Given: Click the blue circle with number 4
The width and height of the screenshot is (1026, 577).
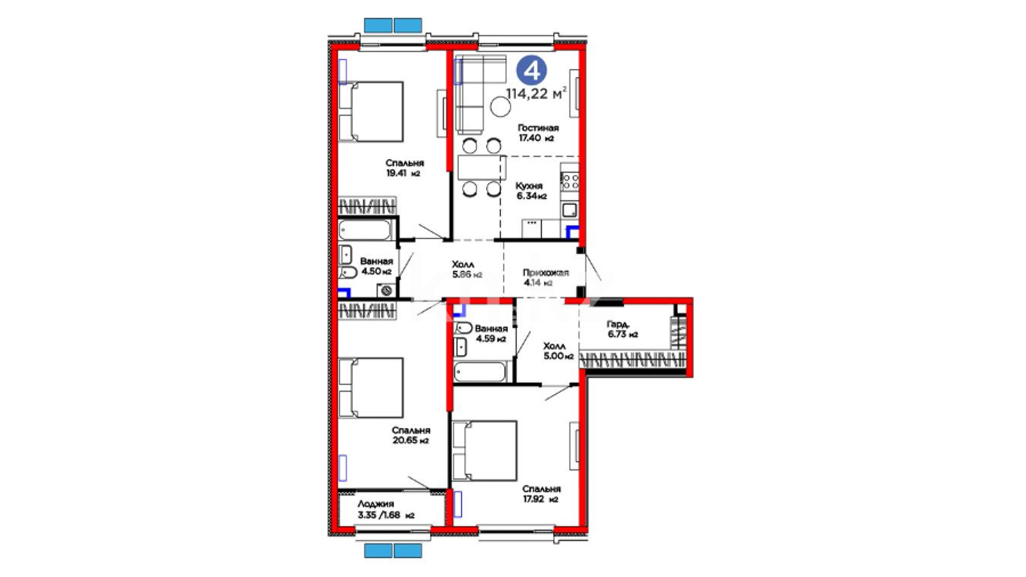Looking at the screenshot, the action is pos(532,72).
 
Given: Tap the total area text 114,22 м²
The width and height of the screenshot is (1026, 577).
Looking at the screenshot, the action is pos(536,94).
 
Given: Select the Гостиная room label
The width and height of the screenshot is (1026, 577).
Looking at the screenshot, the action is pos(538,128).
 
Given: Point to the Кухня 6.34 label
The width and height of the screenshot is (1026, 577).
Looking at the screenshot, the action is pos(531,191).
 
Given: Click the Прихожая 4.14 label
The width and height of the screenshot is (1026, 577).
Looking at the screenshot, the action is pos(545,278).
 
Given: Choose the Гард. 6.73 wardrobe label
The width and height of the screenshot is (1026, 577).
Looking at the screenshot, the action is pos(622,329).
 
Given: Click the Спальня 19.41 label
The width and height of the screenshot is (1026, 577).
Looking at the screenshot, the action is pos(405,168).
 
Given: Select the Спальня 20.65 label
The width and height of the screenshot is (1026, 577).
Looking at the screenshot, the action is pos(410,435).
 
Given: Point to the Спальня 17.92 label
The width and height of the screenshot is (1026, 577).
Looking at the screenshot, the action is pos(541,494).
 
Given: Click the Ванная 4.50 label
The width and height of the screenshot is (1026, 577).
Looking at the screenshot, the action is pos(376,266).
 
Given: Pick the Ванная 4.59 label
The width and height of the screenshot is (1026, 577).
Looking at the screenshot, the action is pos(491,334).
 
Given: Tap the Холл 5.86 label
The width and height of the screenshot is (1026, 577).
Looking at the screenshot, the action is pos(467,269).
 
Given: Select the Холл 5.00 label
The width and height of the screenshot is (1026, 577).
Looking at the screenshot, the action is pos(558,351).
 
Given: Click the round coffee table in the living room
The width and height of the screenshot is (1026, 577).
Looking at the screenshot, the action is pos(501,107).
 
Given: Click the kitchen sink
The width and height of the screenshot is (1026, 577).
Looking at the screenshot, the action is pos(570,209).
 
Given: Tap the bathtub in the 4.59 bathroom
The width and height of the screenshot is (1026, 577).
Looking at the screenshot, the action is pos(480,372).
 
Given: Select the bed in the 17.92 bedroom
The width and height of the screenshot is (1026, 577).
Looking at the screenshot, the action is pos(484,451).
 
